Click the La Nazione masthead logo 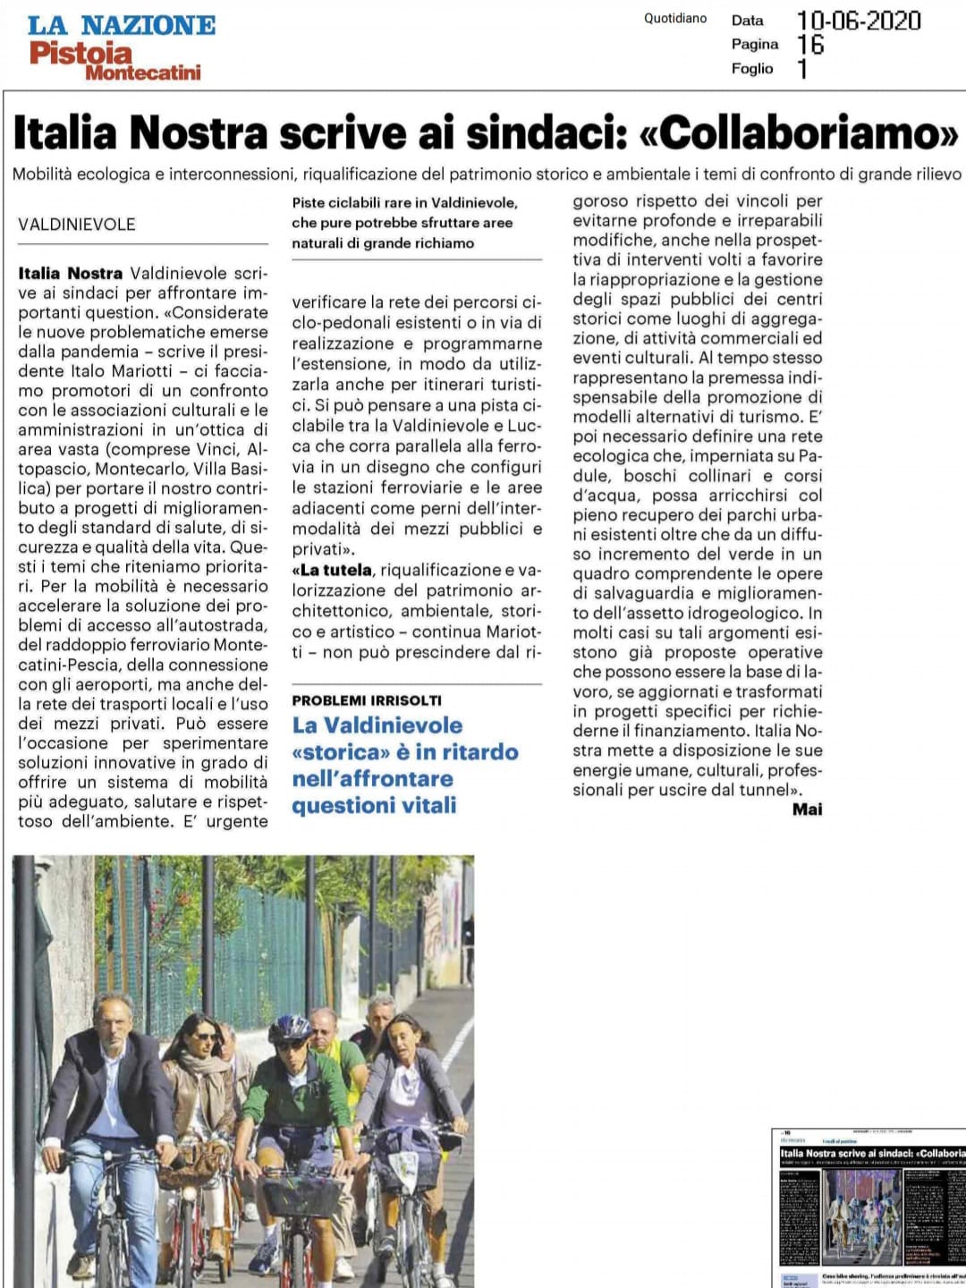point(122,25)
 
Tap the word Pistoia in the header point(80,54)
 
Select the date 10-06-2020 point(858,20)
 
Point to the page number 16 point(810,44)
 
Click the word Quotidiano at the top point(675,18)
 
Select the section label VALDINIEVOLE point(77,224)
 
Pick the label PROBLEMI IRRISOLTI point(367,700)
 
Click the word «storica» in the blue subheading point(335,752)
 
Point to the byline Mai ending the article point(807,809)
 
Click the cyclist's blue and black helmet point(291,1029)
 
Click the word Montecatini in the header point(143,72)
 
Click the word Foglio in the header point(752,68)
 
